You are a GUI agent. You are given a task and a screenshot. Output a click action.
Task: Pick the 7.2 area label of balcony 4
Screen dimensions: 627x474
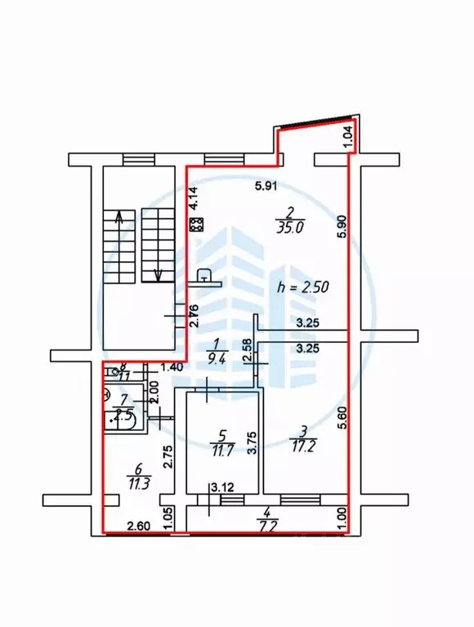266,527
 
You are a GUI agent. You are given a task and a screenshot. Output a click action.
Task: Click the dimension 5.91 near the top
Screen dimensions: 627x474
264,186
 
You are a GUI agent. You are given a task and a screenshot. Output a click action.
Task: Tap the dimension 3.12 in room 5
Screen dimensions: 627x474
222,487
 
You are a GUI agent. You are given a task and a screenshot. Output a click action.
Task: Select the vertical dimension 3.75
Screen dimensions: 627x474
253,442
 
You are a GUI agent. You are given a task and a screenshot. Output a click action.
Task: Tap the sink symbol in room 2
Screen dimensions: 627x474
206,278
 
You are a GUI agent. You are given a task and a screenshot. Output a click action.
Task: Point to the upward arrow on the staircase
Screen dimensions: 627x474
120,219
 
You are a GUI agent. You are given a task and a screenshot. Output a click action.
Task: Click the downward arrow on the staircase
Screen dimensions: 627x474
157,273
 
